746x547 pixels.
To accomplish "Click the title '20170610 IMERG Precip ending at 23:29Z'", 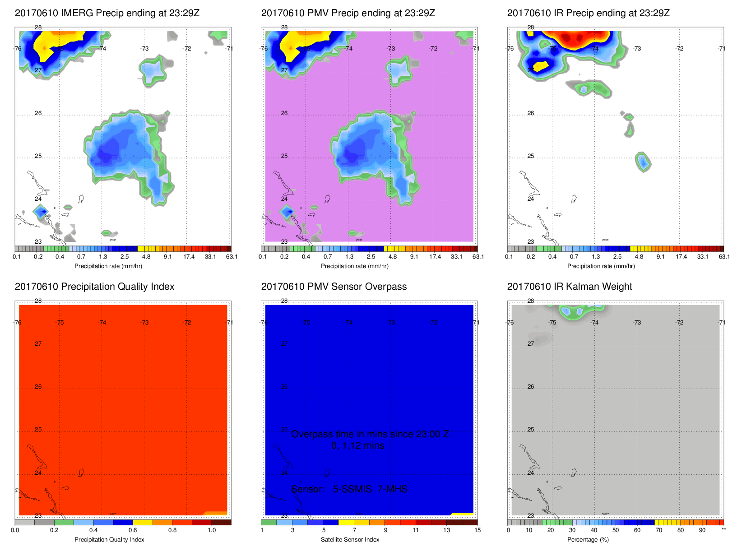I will click(x=107, y=13).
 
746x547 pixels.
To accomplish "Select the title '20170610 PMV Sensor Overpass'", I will click(x=334, y=287).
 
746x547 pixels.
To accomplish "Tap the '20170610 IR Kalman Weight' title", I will click(x=569, y=287).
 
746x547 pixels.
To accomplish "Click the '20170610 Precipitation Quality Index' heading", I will click(x=94, y=287).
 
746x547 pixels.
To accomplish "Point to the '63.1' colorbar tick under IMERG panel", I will click(x=232, y=257).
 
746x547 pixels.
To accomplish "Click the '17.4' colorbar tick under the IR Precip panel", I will click(x=681, y=257).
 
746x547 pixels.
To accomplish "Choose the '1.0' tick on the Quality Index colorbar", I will click(x=212, y=530).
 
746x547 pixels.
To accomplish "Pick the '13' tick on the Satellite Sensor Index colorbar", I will click(x=446, y=530).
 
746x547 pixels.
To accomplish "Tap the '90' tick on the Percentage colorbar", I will click(x=702, y=530).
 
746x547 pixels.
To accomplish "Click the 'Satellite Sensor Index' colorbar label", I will click(x=350, y=540).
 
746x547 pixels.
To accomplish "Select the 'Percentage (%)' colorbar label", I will click(x=588, y=540).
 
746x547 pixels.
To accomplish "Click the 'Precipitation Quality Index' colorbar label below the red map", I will click(x=109, y=540).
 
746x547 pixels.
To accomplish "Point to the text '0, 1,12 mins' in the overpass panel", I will click(x=357, y=445).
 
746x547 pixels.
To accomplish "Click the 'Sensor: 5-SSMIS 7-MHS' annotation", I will click(x=349, y=489).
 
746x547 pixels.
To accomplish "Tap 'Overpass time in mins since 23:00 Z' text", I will click(x=370, y=434).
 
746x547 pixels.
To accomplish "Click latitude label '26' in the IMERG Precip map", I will click(x=38, y=113).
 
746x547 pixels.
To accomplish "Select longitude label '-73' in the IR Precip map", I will click(x=636, y=49).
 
